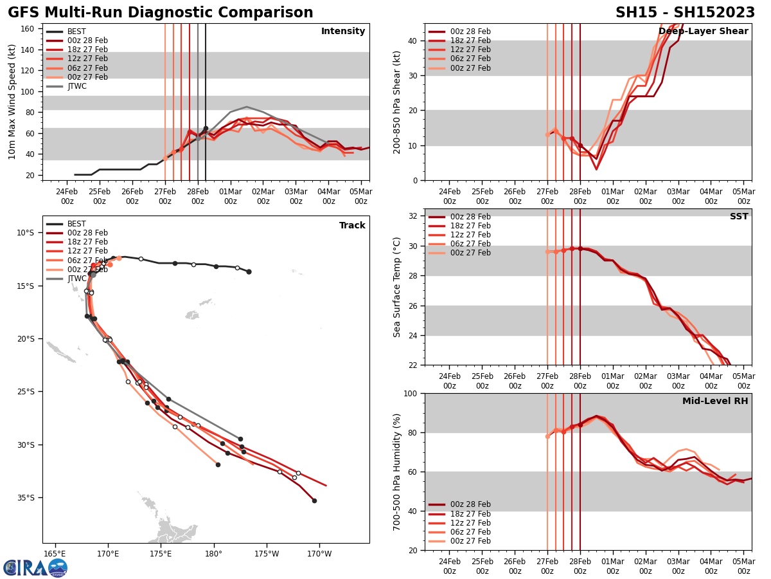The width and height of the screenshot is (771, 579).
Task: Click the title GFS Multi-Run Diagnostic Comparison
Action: click(x=161, y=13)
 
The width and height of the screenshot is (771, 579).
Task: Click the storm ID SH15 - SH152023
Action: click(x=685, y=13)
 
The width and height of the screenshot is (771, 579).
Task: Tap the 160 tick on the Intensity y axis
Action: click(x=29, y=28)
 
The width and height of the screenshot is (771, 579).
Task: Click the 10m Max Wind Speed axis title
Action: click(x=12, y=102)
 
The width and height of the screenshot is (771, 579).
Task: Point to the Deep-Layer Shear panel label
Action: click(x=703, y=32)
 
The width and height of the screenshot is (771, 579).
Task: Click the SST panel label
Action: click(x=739, y=217)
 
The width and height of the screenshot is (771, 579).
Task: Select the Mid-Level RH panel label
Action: click(x=715, y=401)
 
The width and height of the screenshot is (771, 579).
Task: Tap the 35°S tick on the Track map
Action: click(x=25, y=497)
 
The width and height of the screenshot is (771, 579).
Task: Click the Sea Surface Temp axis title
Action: click(x=398, y=287)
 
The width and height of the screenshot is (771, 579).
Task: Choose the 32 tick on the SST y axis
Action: click(x=414, y=216)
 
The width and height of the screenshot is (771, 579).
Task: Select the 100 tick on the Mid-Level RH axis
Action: click(x=411, y=393)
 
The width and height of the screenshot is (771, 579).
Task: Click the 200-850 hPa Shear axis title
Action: click(x=398, y=102)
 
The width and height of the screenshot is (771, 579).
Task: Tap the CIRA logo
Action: click(x=35, y=568)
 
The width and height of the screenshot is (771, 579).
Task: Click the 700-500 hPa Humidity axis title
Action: click(x=398, y=472)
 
